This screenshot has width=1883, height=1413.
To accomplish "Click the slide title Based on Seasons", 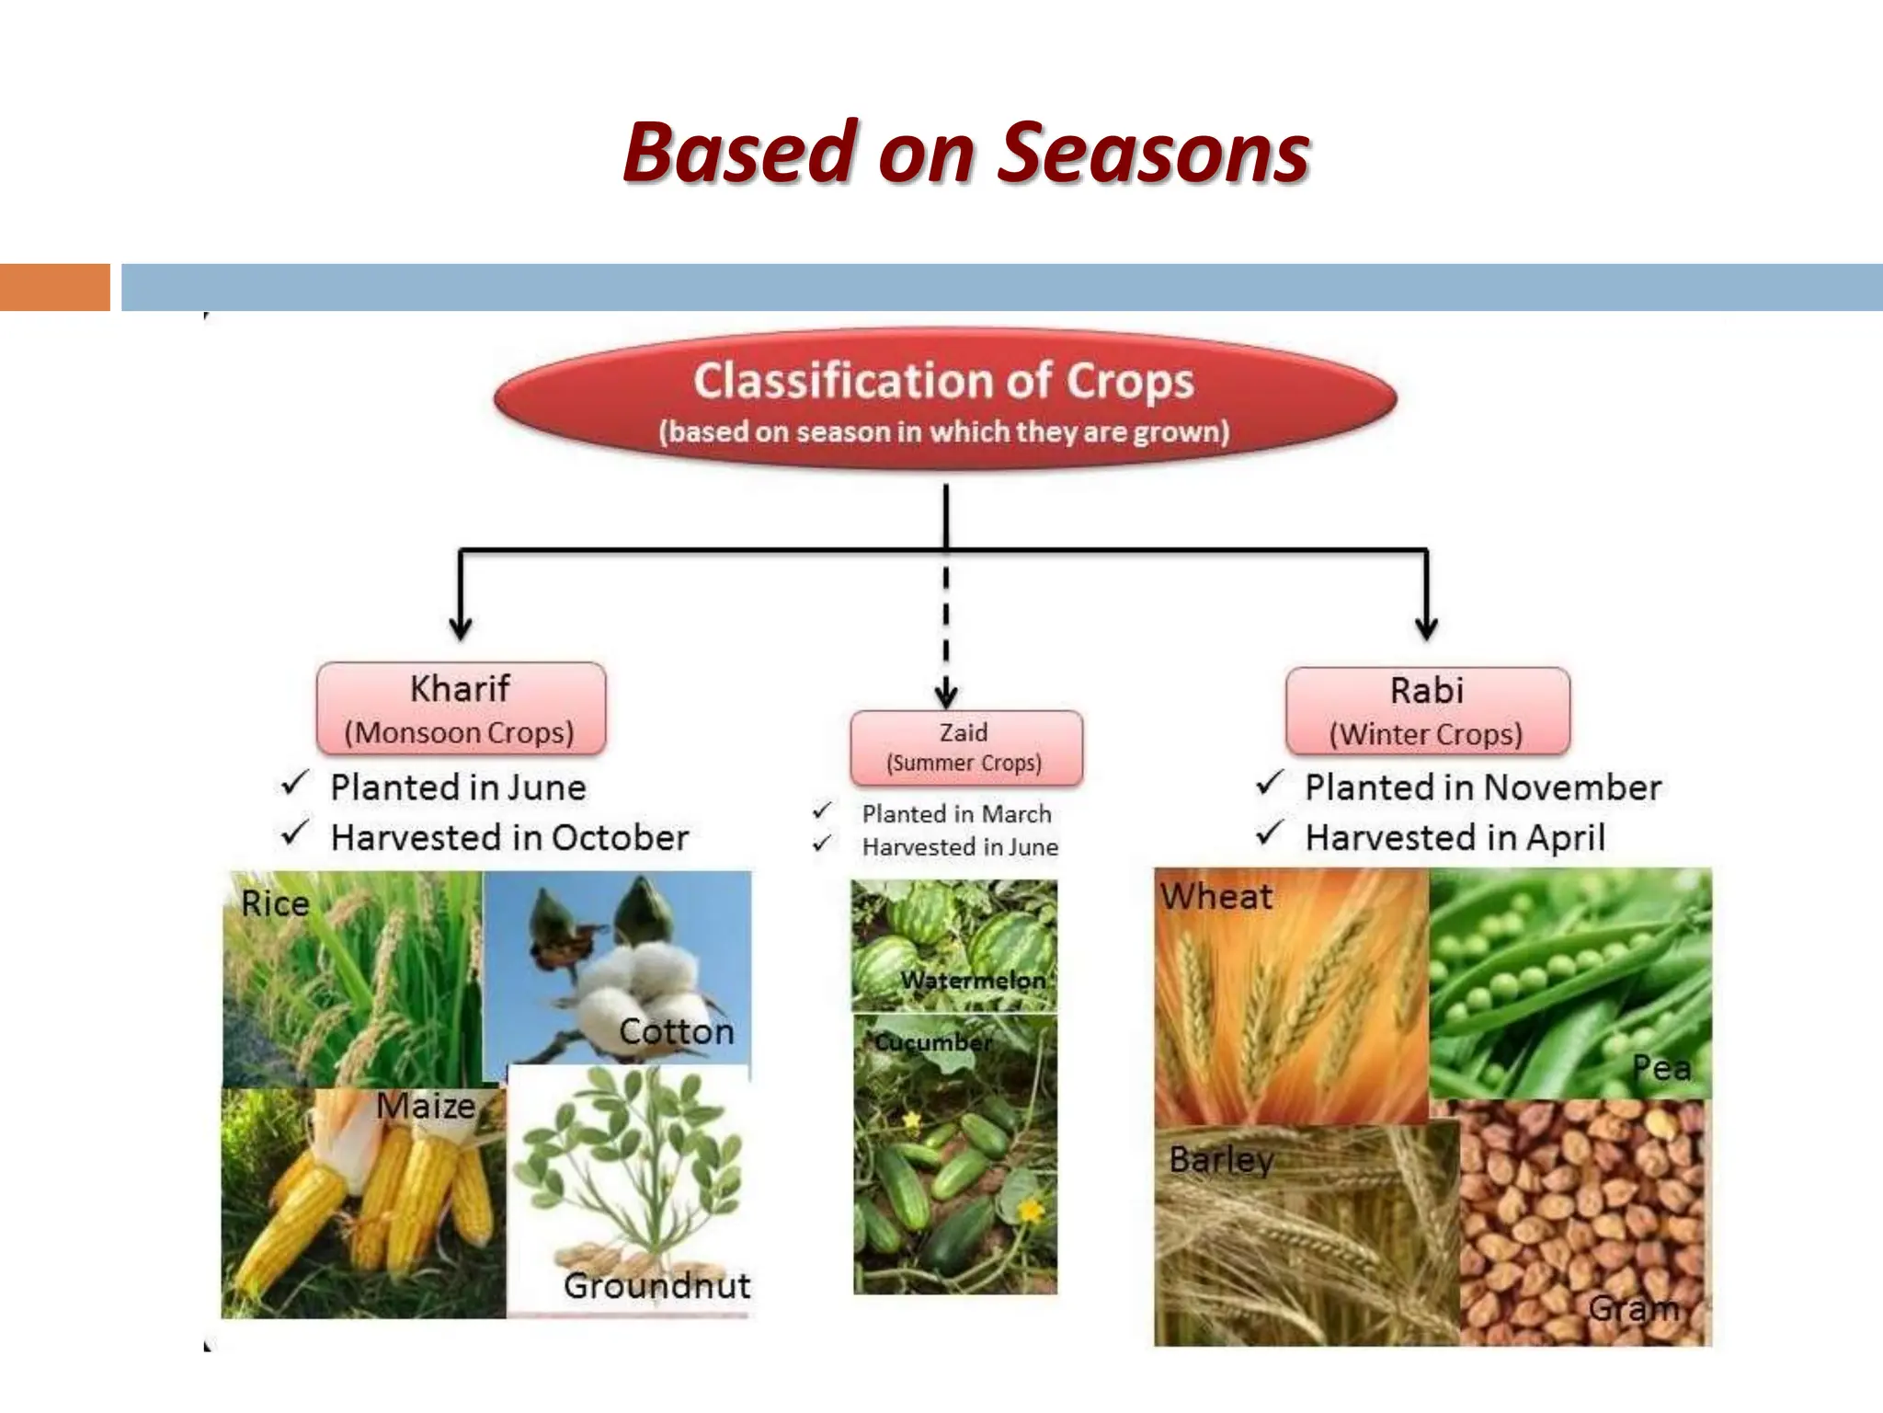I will coord(965,153).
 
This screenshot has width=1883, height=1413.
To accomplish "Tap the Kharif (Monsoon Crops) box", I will coord(461,708).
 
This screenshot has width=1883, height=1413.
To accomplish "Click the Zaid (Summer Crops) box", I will coord(965,747).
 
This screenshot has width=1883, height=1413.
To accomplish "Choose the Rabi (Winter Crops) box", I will coord(1427,710).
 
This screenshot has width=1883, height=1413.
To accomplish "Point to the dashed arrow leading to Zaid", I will coord(946,635).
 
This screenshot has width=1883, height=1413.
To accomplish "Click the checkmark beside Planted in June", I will coord(295,784).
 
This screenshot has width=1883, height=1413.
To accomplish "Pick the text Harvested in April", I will coord(1455,838).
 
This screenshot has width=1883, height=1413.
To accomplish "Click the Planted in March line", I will coord(956,814).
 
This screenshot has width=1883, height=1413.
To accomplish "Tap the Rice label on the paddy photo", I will coord(275,903).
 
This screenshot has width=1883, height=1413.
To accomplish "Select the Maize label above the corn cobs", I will coord(426,1106).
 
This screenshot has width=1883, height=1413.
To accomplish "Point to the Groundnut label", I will coord(656,1285).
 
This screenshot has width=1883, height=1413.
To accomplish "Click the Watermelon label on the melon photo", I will coord(973,981).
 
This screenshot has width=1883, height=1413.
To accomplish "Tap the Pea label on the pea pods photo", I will coord(1660,1068).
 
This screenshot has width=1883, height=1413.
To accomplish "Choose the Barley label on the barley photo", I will coord(1221,1160).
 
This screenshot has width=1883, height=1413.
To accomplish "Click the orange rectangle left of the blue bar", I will coord(55,287).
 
